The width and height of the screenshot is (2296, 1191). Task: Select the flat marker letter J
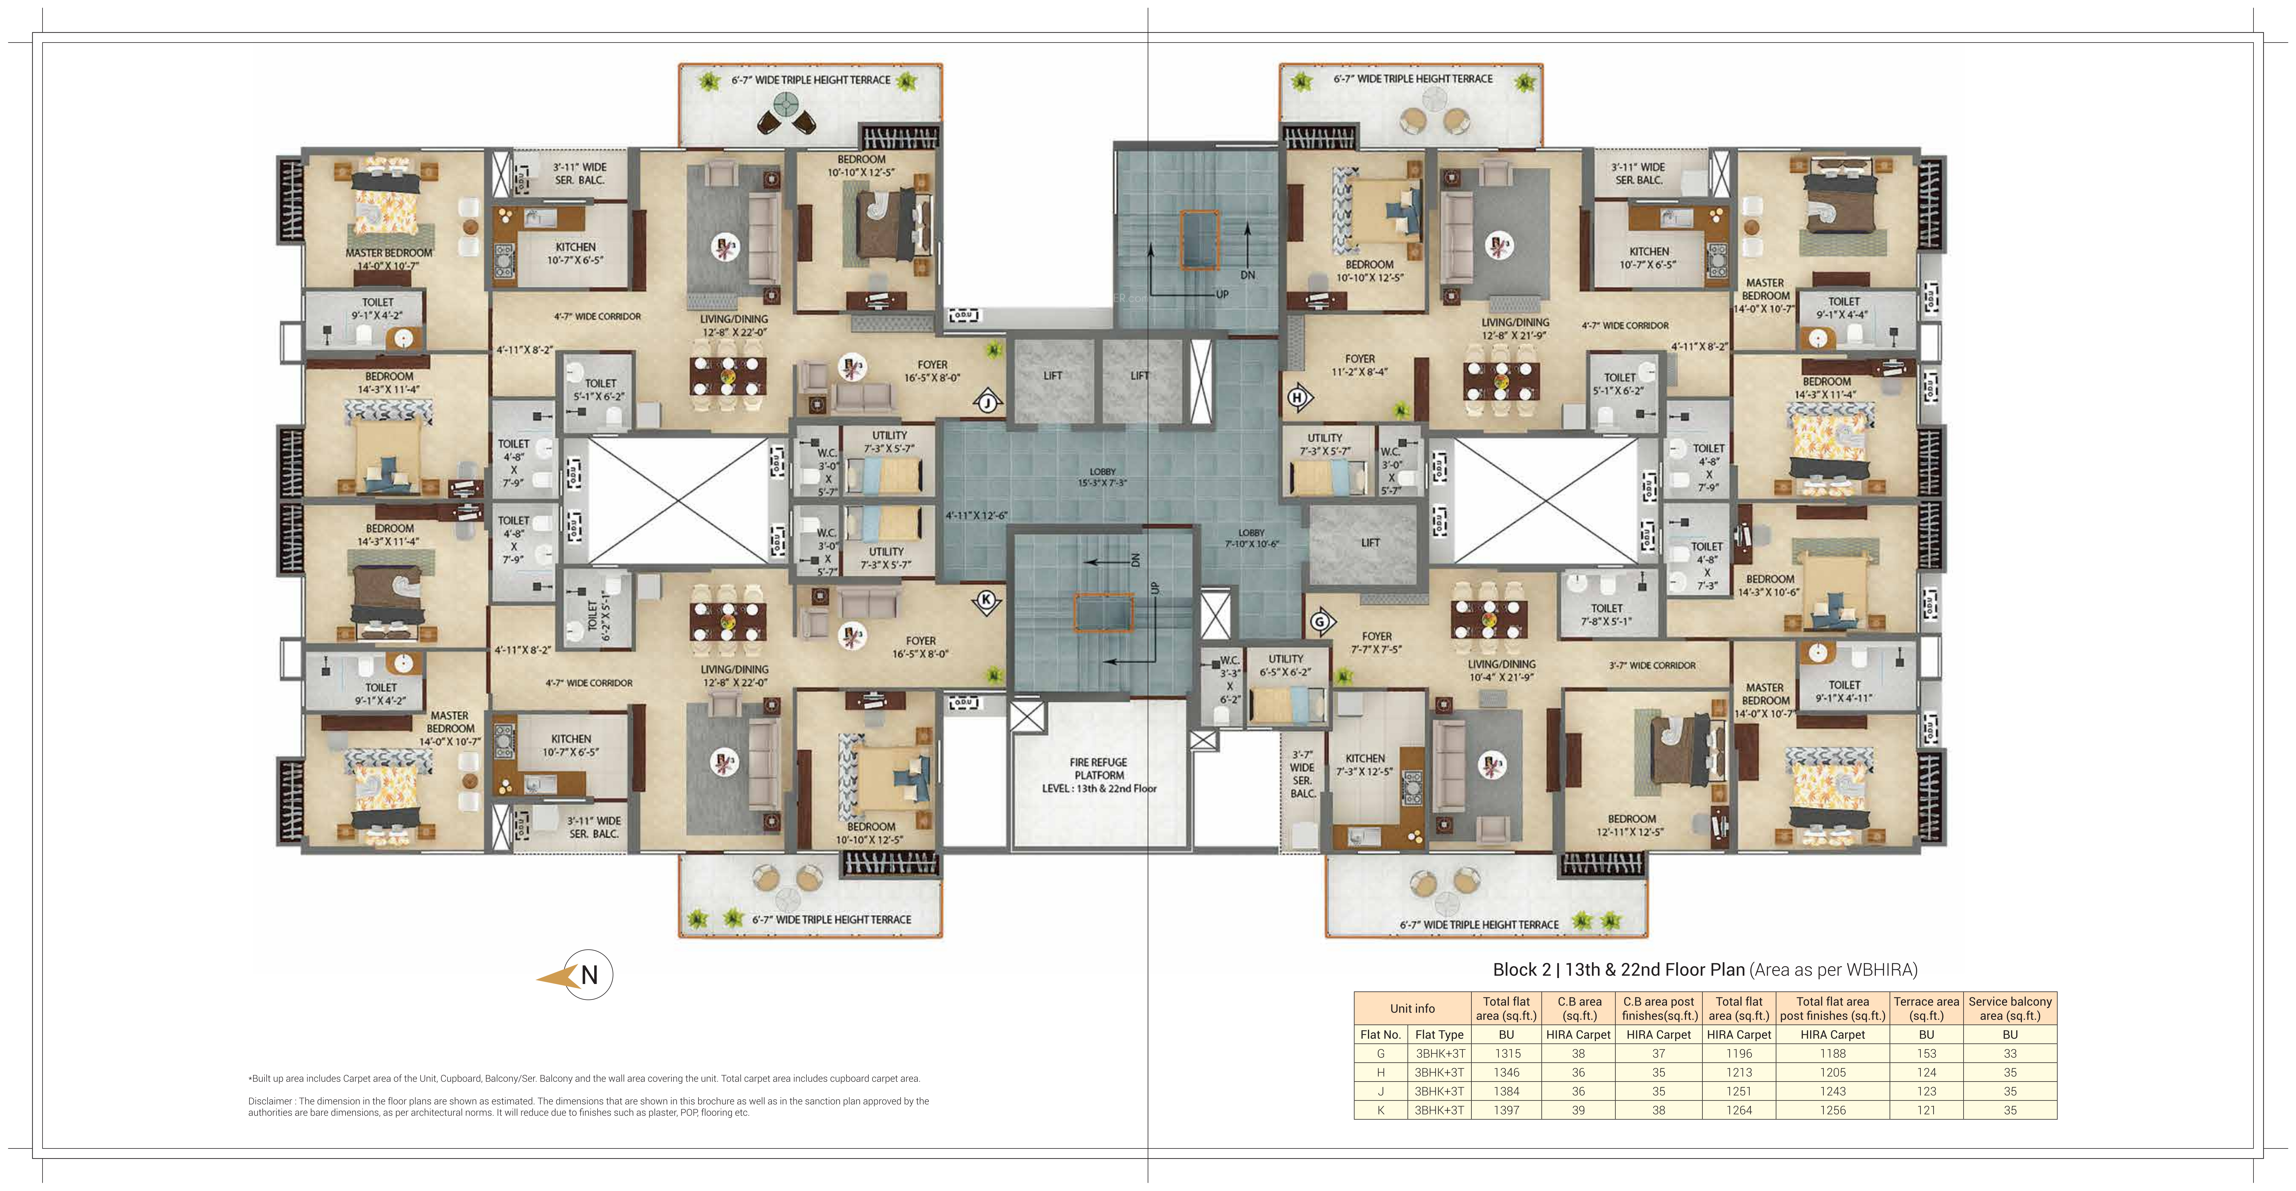tap(987, 403)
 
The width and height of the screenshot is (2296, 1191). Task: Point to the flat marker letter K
tap(986, 600)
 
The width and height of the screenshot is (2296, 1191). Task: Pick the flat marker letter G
tap(1320, 621)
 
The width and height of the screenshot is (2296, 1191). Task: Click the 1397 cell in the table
tap(1506, 1110)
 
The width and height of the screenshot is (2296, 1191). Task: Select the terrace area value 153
tap(1926, 1053)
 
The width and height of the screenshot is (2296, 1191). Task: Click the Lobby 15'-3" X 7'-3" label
tap(1103, 477)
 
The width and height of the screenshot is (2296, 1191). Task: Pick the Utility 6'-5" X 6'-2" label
tap(1285, 665)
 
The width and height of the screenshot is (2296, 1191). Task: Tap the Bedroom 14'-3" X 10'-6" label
tap(1769, 585)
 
